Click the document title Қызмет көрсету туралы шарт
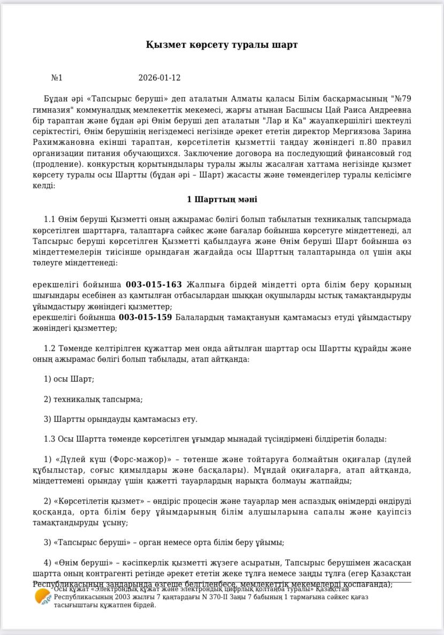pyautogui.click(x=221, y=45)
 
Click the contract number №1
pyautogui.click(x=57, y=78)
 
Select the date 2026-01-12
pyautogui.click(x=159, y=78)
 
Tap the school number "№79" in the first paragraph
pyautogui.click(x=401, y=99)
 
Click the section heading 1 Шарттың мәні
pyautogui.click(x=221, y=199)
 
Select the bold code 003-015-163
pyautogui.click(x=154, y=285)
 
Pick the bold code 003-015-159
pyautogui.click(x=145, y=317)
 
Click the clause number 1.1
pyautogui.click(x=50, y=220)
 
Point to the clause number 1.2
pyautogui.click(x=50, y=348)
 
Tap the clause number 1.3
pyautogui.click(x=50, y=439)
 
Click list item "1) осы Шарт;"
pyautogui.click(x=68, y=379)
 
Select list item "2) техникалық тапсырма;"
pyautogui.click(x=93, y=399)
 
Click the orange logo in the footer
pyautogui.click(x=43, y=596)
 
